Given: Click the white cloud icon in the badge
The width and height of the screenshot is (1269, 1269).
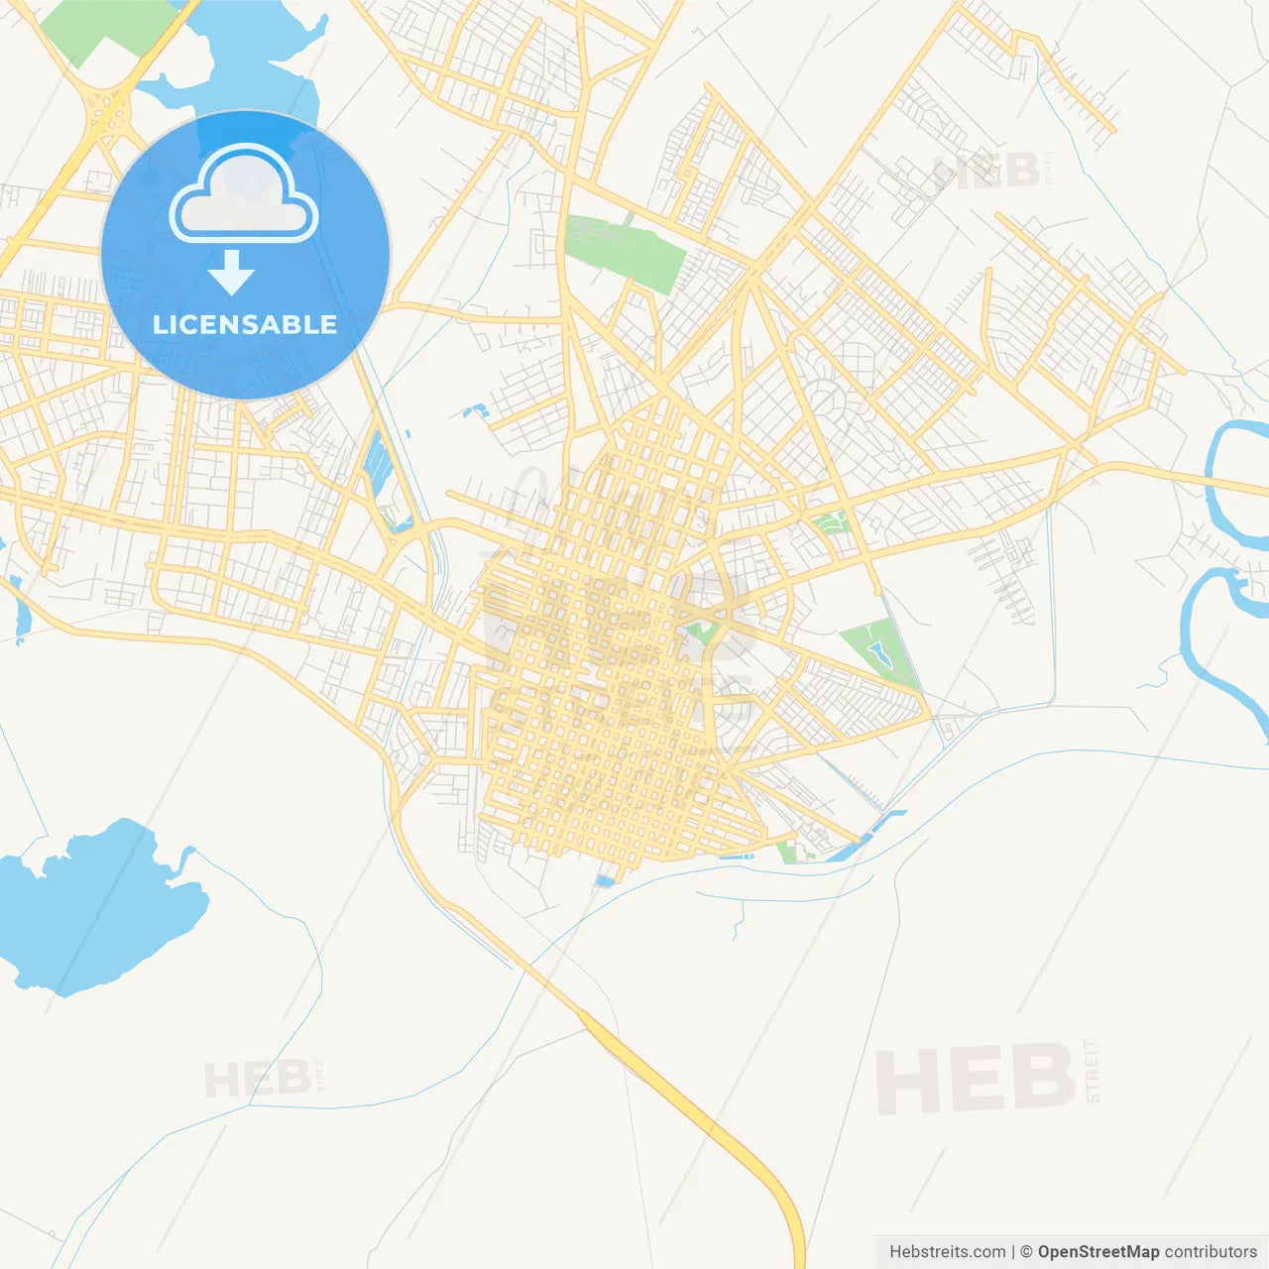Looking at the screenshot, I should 244,195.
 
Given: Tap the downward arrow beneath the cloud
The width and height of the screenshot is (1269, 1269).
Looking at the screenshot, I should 232,273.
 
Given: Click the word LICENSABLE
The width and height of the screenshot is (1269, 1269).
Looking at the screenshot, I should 245,324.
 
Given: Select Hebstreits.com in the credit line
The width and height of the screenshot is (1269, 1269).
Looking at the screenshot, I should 947,1252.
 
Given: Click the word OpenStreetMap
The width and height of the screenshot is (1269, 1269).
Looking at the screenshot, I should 1097,1252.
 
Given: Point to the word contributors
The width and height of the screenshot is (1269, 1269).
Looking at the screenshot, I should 1211,1252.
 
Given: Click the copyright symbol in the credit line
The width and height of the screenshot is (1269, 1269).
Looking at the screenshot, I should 1026,1252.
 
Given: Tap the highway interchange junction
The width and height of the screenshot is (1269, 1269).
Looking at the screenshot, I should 107,114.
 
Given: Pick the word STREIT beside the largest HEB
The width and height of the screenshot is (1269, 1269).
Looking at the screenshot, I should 1092,1071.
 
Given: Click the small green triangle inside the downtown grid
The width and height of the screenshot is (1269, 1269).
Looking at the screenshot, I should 702,631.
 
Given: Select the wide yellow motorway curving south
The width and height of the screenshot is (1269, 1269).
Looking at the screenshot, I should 694,1110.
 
